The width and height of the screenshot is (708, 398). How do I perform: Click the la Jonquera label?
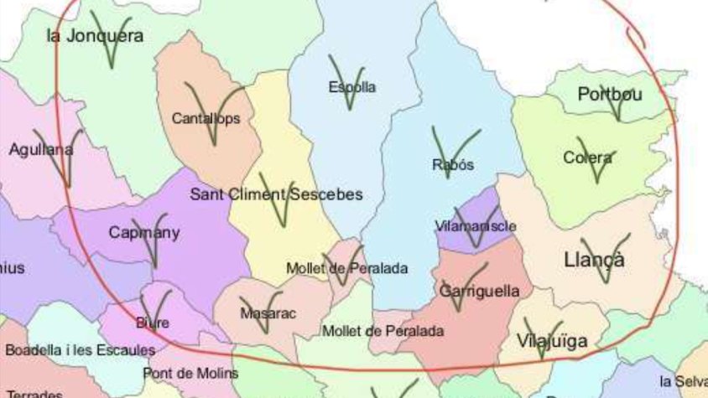tap(95, 36)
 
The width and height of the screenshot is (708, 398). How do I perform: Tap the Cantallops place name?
tap(206, 118)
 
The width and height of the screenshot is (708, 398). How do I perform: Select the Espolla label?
tap(352, 86)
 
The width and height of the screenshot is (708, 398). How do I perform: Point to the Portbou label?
tap(610, 94)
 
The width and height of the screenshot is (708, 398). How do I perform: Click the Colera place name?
tap(589, 158)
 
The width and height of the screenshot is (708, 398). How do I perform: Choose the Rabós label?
tap(453, 164)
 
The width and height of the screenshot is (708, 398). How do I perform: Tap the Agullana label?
tap(40, 151)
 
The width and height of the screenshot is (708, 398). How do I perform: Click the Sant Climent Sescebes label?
tap(277, 194)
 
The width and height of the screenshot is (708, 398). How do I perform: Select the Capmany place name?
tap(144, 233)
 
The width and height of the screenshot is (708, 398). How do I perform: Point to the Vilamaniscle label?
tap(476, 226)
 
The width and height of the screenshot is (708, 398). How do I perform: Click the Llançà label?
tap(594, 260)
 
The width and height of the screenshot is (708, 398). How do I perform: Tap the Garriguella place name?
tap(479, 291)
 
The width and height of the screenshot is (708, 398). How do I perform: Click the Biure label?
tap(153, 322)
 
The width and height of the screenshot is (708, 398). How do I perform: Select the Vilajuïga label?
tap(552, 341)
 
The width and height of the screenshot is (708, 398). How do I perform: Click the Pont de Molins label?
tap(190, 373)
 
